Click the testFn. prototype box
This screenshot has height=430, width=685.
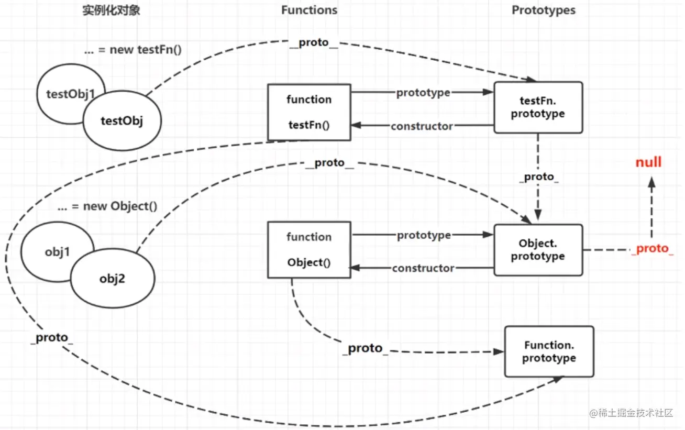tap(538, 107)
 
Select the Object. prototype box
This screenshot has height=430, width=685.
tap(538, 250)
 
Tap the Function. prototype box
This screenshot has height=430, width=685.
tap(549, 351)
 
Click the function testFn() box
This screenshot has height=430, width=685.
tap(309, 112)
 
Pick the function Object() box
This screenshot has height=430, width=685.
tap(309, 249)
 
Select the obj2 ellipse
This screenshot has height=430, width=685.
tap(113, 278)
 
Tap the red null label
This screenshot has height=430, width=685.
tap(648, 162)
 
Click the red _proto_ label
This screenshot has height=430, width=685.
tap(653, 248)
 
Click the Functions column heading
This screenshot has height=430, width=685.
tap(309, 10)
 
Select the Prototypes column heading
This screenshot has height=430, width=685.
tap(544, 10)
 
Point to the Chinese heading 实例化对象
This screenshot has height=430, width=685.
tap(111, 10)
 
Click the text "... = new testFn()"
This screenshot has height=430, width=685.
tap(132, 50)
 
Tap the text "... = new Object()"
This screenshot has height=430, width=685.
tap(107, 206)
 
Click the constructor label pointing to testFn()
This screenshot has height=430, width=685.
tap(422, 126)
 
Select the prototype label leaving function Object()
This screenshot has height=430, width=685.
tap(424, 235)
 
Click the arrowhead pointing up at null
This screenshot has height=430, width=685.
tap(651, 182)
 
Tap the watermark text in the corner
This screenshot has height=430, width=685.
tap(631, 413)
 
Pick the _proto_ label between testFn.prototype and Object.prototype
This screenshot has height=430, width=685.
tap(539, 177)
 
